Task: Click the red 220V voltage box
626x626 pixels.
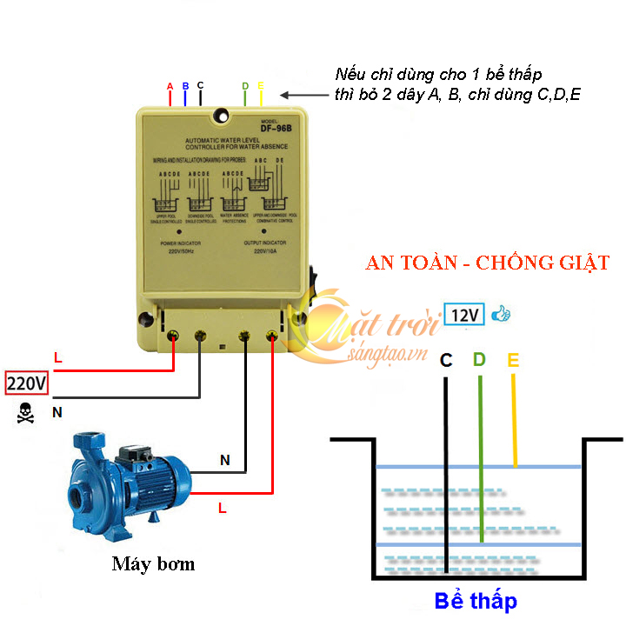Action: (27, 382)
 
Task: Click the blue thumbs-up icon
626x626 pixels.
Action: (501, 314)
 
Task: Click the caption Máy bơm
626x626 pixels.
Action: (153, 564)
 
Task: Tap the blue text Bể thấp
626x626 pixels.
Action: (476, 601)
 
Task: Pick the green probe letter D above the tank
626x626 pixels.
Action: (479, 359)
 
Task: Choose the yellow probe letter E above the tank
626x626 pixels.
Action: (513, 359)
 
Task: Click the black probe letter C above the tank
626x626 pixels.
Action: (446, 359)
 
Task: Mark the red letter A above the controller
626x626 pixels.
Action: (170, 86)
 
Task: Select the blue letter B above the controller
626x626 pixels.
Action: (185, 86)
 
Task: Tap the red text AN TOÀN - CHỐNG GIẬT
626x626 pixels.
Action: (488, 263)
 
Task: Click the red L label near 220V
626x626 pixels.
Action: (58, 357)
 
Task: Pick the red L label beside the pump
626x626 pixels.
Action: (223, 508)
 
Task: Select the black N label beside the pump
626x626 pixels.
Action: (224, 461)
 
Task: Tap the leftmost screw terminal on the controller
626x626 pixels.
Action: (173, 336)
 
